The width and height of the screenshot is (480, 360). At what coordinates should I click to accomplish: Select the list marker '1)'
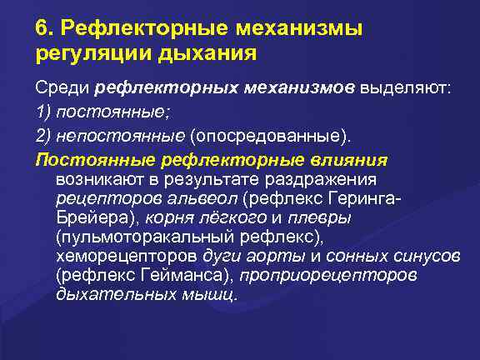[43, 112]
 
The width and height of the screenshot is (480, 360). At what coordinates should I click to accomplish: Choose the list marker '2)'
[43, 135]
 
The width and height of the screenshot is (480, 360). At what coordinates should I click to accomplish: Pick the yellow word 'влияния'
[349, 158]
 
